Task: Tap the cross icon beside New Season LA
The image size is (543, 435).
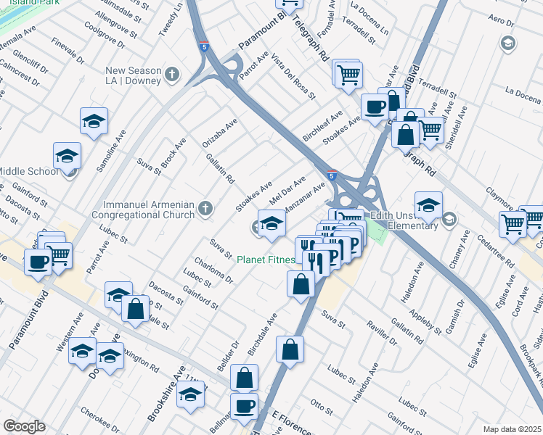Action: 172,74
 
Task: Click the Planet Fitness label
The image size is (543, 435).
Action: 265,259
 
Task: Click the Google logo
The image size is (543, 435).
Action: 24,426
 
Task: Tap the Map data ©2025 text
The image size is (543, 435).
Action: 512,429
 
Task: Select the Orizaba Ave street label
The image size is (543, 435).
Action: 221,133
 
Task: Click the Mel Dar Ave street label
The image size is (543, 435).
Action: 287,190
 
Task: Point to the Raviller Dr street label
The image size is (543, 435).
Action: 382,331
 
